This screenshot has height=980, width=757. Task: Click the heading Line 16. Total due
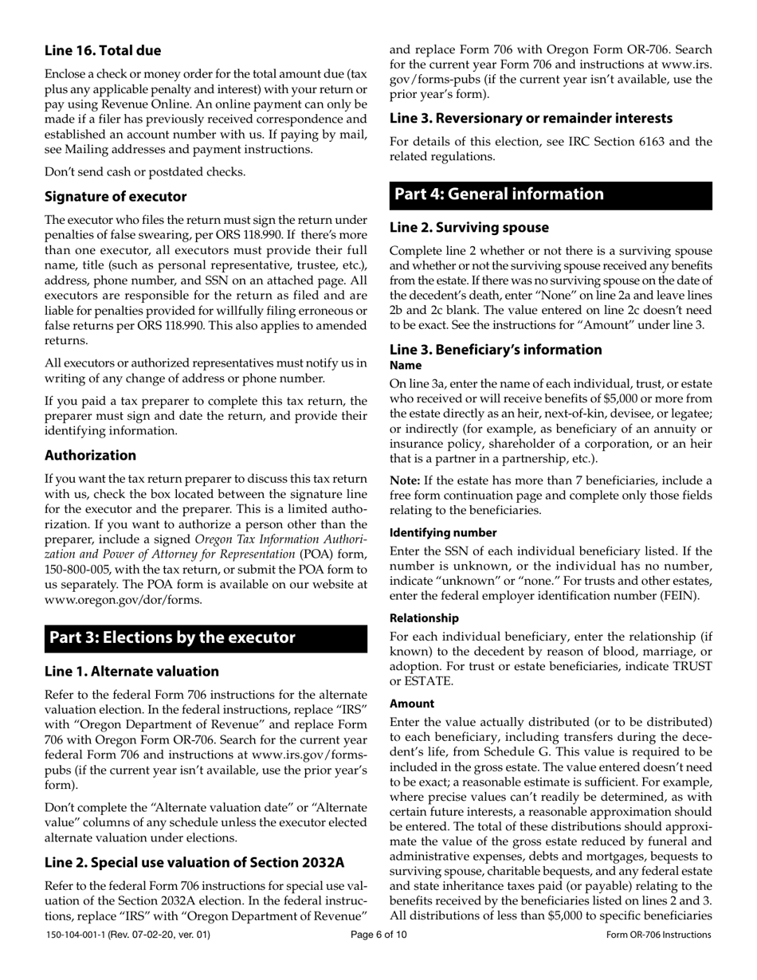pyautogui.click(x=103, y=50)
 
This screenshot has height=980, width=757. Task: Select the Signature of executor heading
pyautogui.click(x=116, y=196)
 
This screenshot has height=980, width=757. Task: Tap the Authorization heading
pyautogui.click(x=90, y=455)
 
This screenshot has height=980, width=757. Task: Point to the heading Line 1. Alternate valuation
pyautogui.click(x=131, y=671)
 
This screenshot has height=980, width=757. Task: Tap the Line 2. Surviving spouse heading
pyautogui.click(x=469, y=227)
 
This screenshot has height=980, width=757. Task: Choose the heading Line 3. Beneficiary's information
pyautogui.click(x=496, y=349)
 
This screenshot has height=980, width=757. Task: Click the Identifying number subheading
pyautogui.click(x=443, y=532)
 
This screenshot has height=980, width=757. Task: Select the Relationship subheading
pyautogui.click(x=424, y=617)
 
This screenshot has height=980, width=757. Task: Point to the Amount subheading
pyautogui.click(x=412, y=704)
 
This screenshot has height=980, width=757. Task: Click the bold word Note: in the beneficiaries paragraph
pyautogui.click(x=405, y=480)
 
